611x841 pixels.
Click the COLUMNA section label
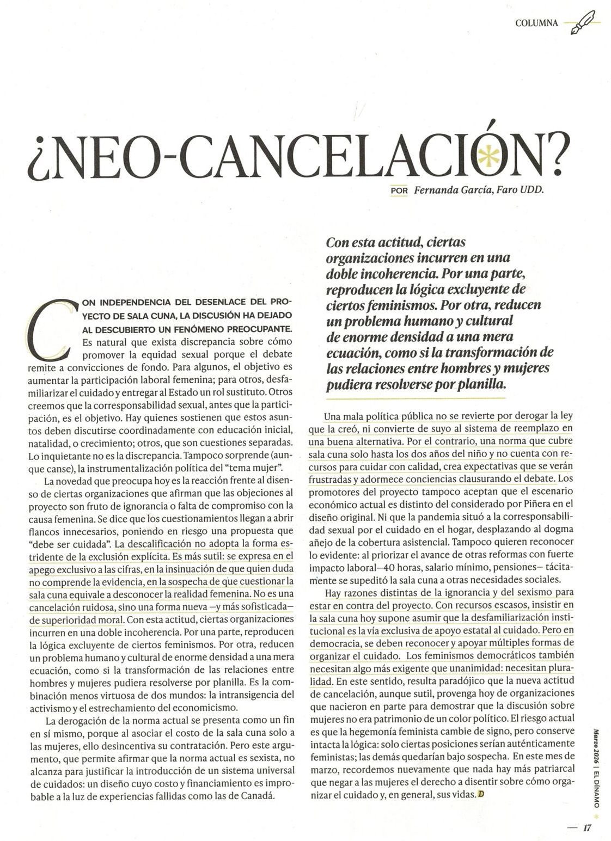coord(536,23)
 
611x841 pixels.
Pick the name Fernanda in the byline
coord(434,191)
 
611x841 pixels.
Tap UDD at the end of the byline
coord(533,191)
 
